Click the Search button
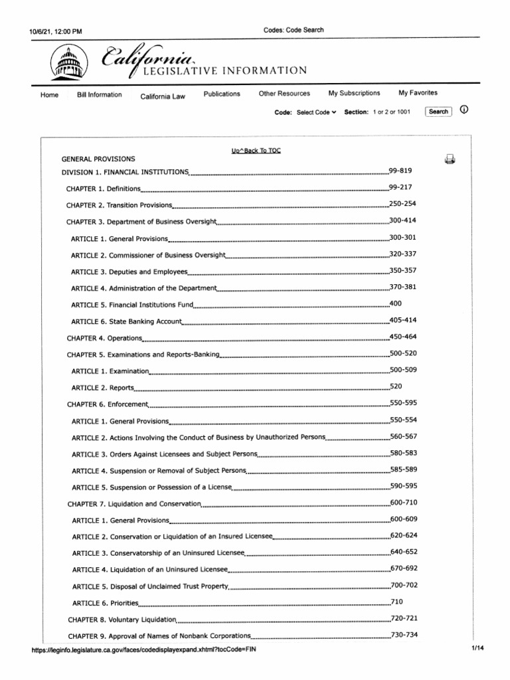(x=438, y=112)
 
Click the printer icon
(x=450, y=159)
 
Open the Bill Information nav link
(x=100, y=95)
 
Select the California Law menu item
(x=163, y=97)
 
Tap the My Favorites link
(x=418, y=93)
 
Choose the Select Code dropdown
(x=316, y=112)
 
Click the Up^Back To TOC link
(x=256, y=151)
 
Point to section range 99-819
(x=401, y=171)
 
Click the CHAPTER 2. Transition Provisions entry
(x=120, y=205)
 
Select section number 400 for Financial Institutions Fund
(x=396, y=303)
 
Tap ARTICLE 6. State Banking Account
(x=126, y=321)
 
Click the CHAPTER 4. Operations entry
(x=104, y=338)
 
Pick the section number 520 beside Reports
(x=396, y=386)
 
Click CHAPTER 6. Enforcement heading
(x=107, y=404)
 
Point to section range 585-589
(x=404, y=469)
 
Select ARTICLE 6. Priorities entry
(x=106, y=603)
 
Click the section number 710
(x=396, y=601)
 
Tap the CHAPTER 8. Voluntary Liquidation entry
(x=122, y=620)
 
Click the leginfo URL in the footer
(x=143, y=649)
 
